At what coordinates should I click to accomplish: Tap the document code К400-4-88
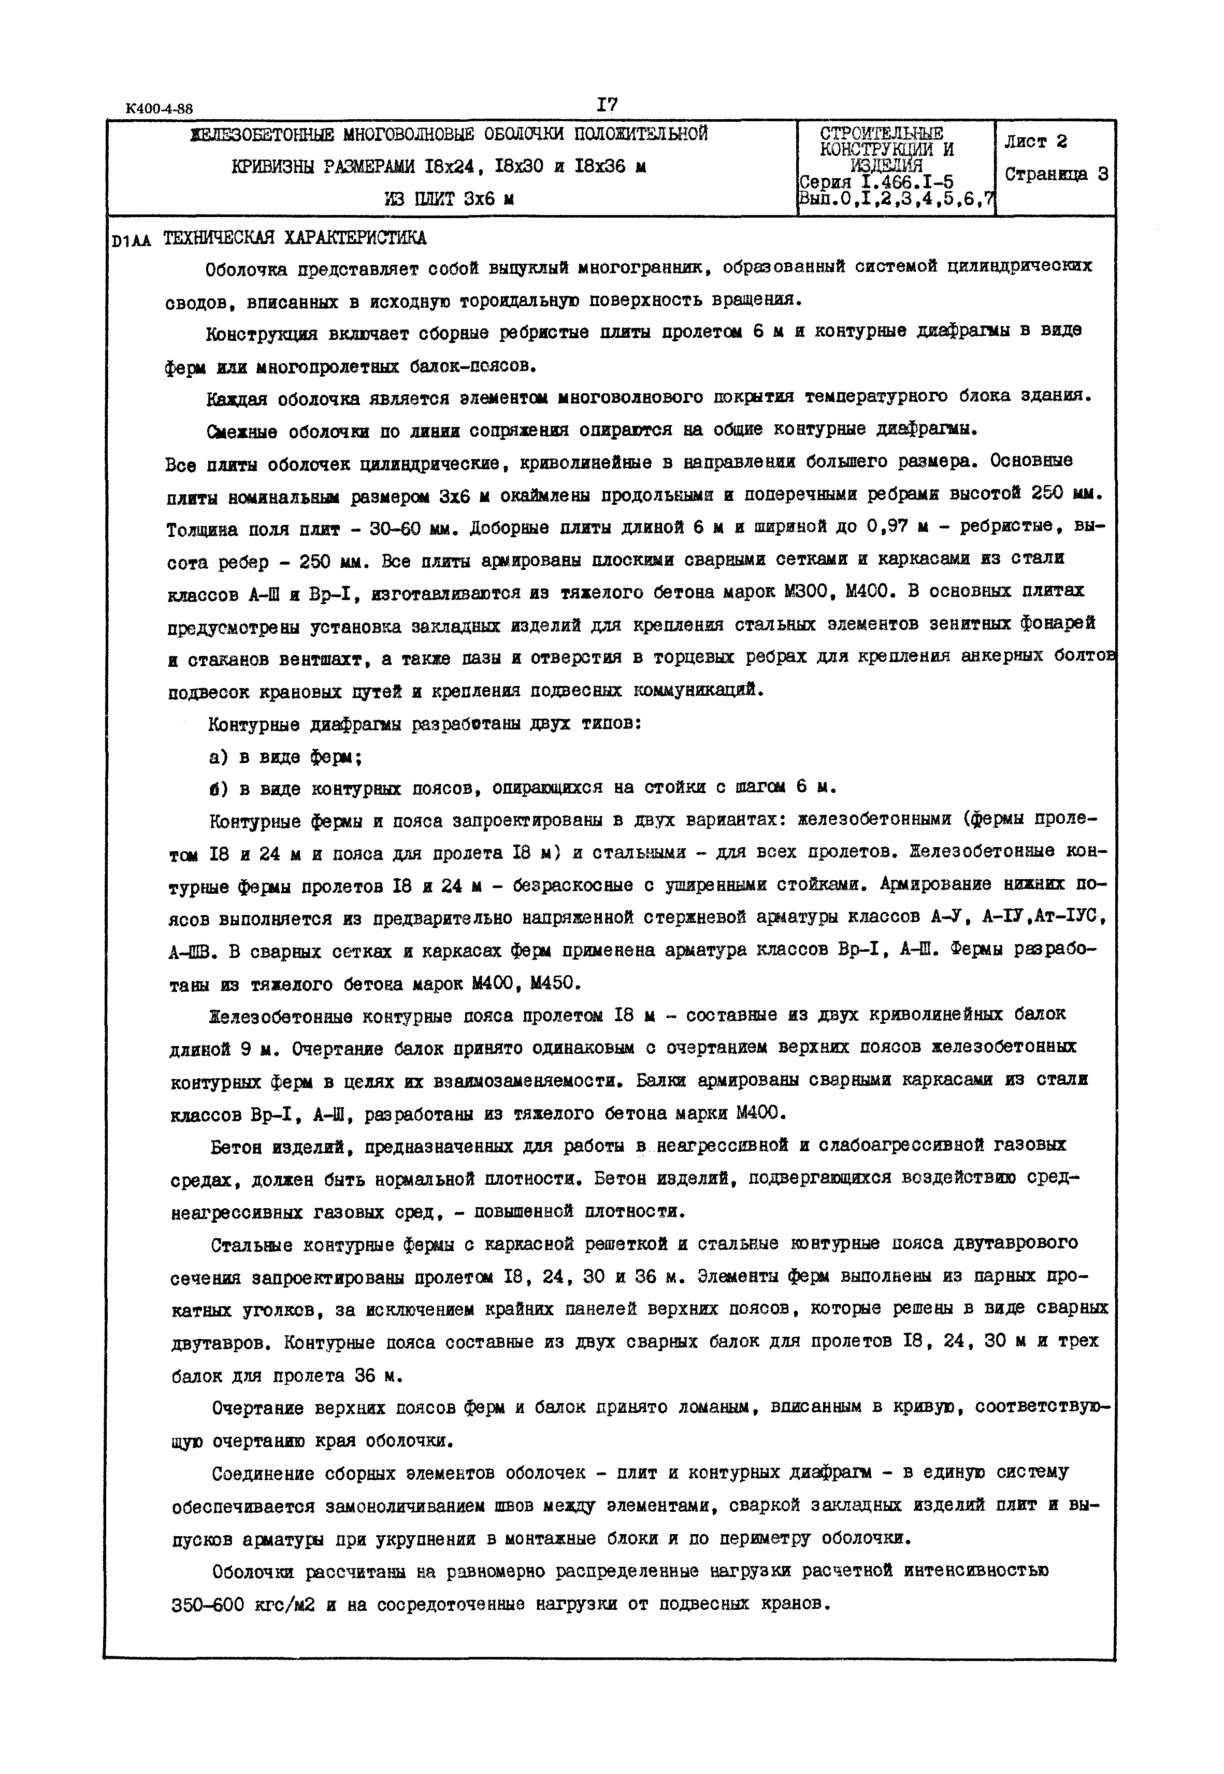[160, 109]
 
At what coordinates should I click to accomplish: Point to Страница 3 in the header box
[1056, 175]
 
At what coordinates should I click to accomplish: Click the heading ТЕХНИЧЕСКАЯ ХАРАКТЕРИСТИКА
[295, 238]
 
